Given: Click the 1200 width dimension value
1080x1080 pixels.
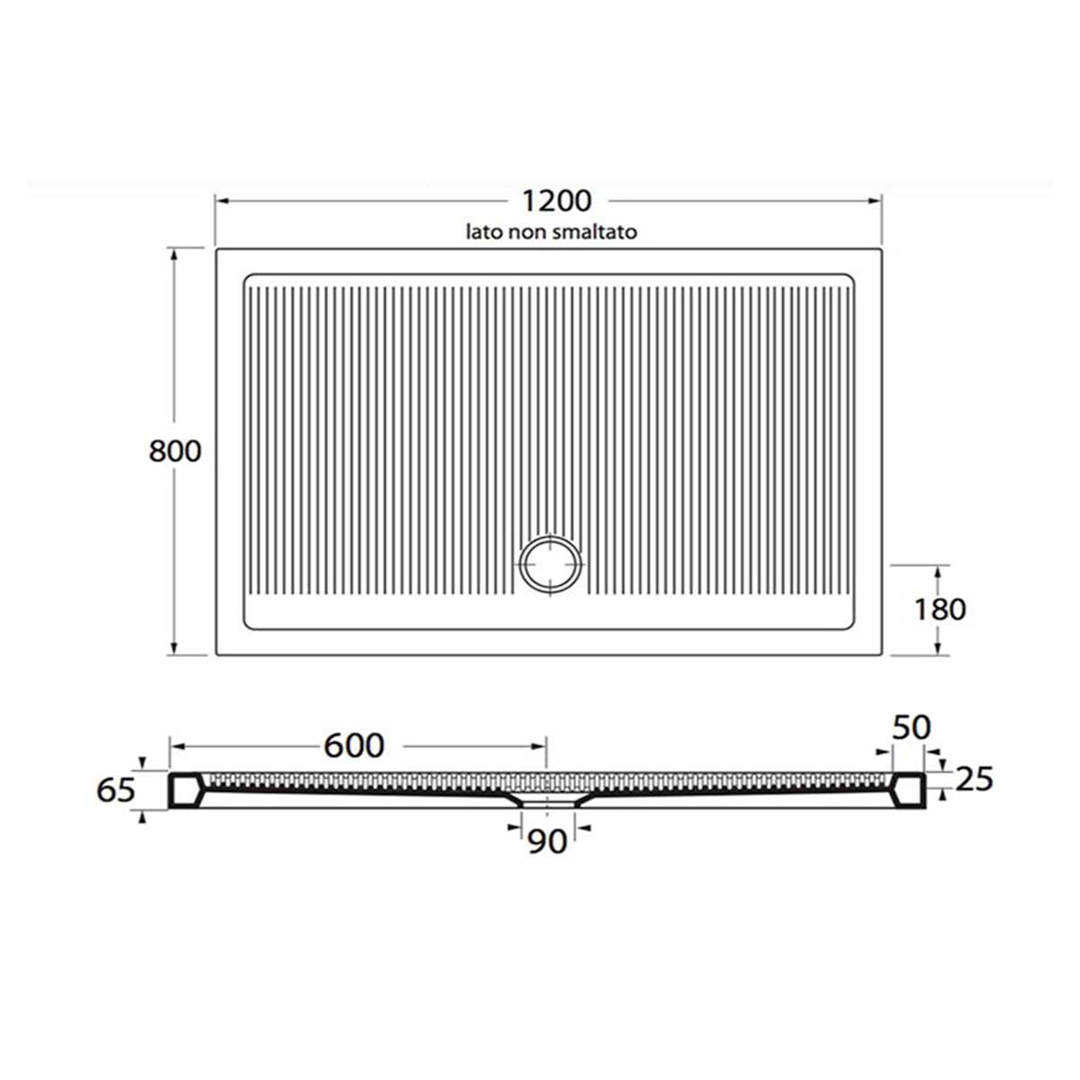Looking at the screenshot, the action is [556, 201].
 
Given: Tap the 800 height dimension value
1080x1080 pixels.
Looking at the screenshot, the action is [175, 451].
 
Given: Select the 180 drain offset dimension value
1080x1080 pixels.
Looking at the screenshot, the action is [940, 610].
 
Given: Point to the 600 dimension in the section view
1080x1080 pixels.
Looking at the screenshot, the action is [355, 745].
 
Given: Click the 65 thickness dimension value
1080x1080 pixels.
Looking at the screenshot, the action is [116, 790].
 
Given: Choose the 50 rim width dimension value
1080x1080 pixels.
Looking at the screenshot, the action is [912, 728].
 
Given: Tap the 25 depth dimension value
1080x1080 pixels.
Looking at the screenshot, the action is [974, 779].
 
